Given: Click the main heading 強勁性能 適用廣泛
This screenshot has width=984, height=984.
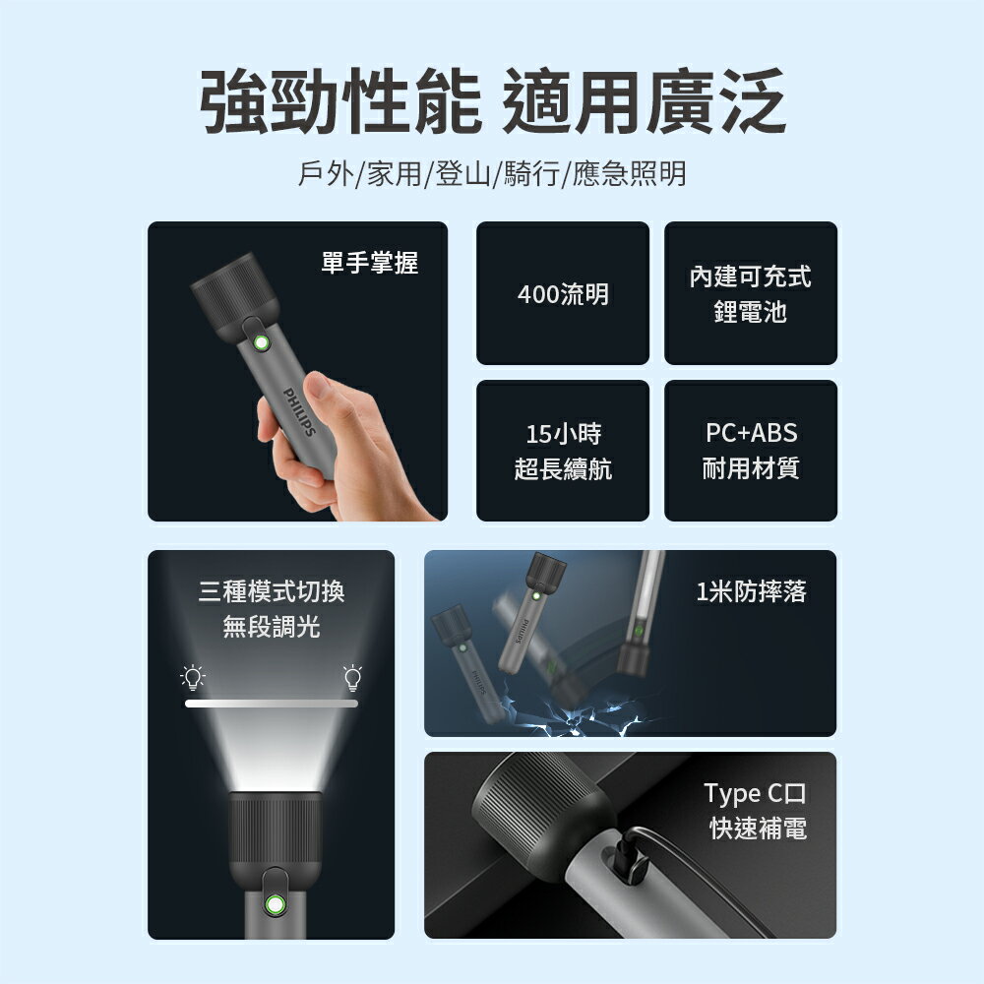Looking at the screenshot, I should (492, 102).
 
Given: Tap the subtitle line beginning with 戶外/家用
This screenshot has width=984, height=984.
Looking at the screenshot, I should (492, 175).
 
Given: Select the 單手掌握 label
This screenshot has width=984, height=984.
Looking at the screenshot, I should (370, 262).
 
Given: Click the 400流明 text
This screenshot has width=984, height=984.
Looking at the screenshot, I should (563, 293).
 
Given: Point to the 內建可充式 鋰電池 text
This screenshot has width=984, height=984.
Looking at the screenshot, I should (751, 294).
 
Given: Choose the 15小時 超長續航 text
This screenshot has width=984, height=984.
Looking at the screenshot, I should (563, 451).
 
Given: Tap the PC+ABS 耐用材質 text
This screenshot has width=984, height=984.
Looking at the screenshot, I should (751, 451).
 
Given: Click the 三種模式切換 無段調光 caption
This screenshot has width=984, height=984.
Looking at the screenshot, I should (272, 609).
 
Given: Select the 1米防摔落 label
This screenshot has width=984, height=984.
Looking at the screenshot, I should (751, 591).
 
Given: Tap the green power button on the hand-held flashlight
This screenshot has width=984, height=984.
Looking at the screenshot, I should (261, 343).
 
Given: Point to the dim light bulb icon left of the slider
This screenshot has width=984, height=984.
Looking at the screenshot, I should (194, 677).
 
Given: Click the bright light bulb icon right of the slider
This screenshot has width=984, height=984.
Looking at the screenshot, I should (352, 677).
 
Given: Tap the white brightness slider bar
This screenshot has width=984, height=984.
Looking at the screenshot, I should (272, 703).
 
